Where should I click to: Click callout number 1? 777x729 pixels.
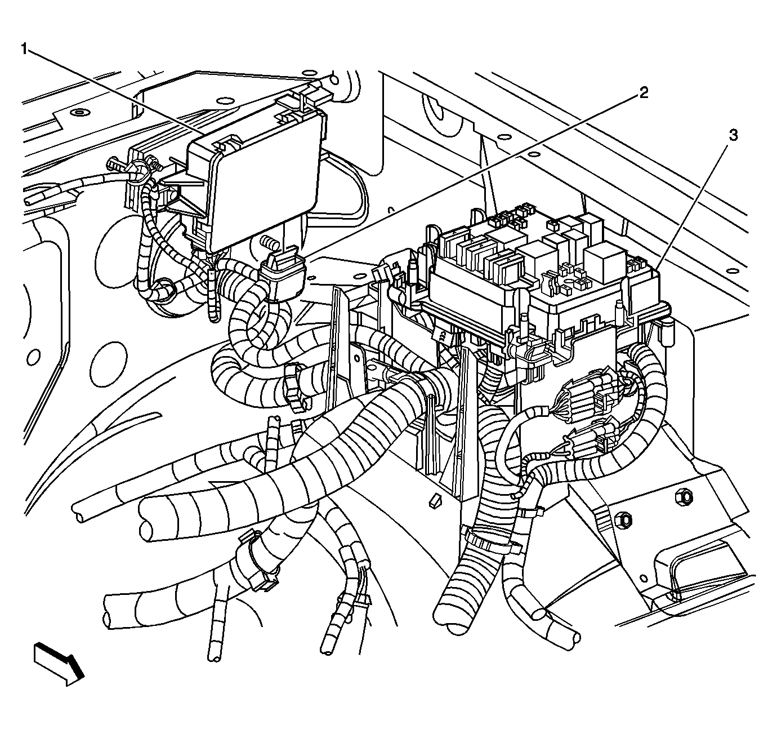(24, 50)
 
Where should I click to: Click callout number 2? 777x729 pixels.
(642, 93)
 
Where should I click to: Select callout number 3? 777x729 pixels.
(733, 135)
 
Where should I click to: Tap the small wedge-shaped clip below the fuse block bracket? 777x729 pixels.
(434, 501)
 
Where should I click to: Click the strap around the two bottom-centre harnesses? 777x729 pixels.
(491, 541)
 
